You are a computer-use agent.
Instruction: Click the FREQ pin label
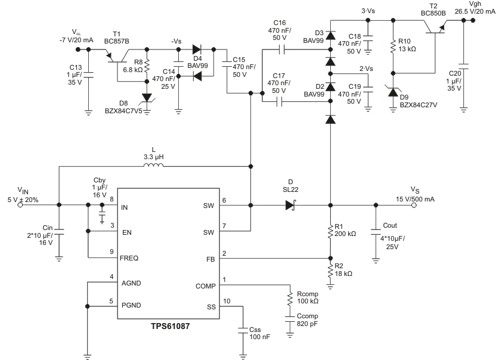point(129,258)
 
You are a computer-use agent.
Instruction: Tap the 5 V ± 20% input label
point(22,199)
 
